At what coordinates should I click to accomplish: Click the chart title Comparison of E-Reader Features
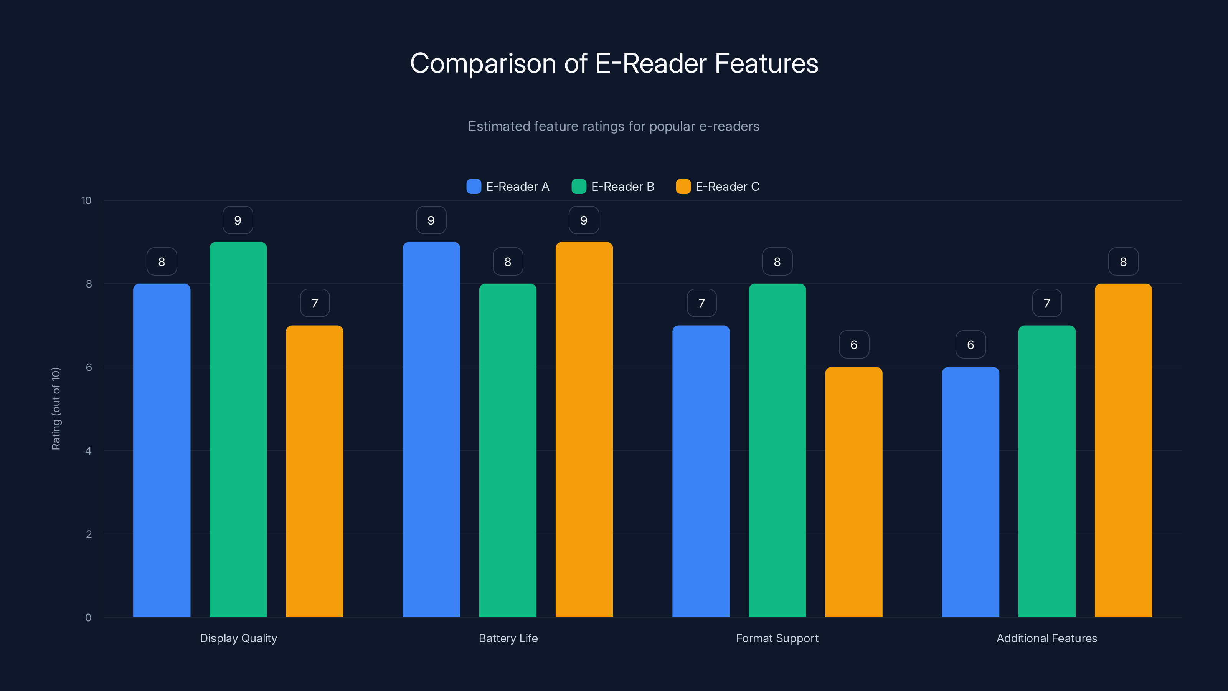pyautogui.click(x=614, y=63)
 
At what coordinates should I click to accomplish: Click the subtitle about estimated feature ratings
pyautogui.click(x=614, y=126)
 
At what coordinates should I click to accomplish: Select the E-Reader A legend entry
pyautogui.click(x=508, y=187)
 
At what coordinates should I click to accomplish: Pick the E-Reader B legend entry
pyautogui.click(x=613, y=187)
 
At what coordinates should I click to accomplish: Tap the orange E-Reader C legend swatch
pyautogui.click(x=683, y=187)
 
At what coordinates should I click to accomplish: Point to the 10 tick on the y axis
pyautogui.click(x=86, y=201)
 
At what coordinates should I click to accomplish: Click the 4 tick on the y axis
pyautogui.click(x=88, y=451)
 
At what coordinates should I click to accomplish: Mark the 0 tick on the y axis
pyautogui.click(x=88, y=618)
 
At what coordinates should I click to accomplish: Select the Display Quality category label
pyautogui.click(x=238, y=638)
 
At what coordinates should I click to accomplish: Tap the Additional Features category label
pyautogui.click(x=1046, y=638)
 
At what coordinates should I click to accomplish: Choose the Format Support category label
pyautogui.click(x=777, y=638)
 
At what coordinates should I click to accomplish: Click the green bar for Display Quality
pyautogui.click(x=238, y=429)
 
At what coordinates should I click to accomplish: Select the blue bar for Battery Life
pyautogui.click(x=431, y=429)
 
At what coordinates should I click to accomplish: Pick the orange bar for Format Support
pyautogui.click(x=853, y=491)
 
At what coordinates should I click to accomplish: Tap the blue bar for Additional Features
pyautogui.click(x=970, y=491)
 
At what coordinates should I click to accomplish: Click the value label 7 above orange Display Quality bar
pyautogui.click(x=315, y=303)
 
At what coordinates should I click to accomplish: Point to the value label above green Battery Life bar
pyautogui.click(x=508, y=262)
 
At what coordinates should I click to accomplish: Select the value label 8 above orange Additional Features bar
pyautogui.click(x=1123, y=262)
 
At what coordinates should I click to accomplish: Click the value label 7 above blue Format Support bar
pyautogui.click(x=701, y=303)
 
